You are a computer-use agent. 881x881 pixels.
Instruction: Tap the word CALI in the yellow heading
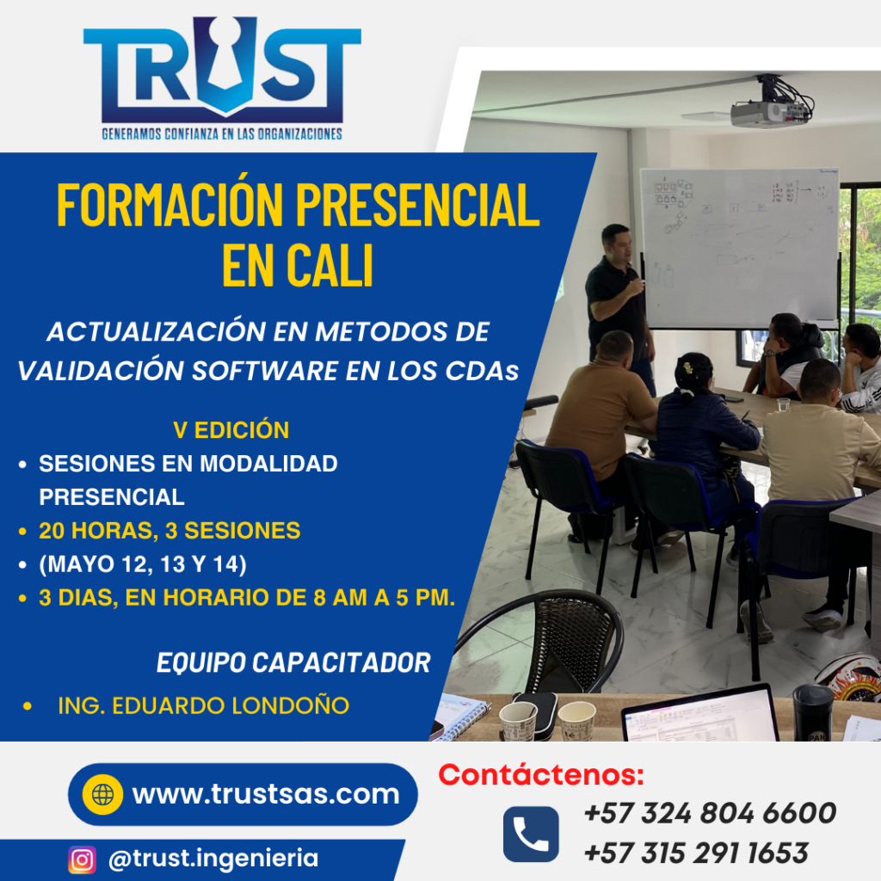click(x=330, y=266)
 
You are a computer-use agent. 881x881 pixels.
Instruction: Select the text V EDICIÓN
click(x=231, y=430)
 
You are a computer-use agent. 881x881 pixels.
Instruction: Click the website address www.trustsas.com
click(x=266, y=794)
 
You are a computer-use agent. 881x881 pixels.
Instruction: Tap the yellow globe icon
click(x=102, y=794)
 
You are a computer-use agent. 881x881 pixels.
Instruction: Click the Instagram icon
click(x=82, y=859)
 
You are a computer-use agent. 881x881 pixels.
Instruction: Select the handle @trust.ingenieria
click(x=213, y=859)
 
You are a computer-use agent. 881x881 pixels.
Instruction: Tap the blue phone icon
click(x=530, y=835)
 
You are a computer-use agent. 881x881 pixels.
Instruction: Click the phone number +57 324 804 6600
click(x=710, y=813)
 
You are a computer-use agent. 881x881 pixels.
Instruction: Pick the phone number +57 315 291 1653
click(x=696, y=853)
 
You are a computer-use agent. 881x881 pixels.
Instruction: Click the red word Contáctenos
click(x=541, y=775)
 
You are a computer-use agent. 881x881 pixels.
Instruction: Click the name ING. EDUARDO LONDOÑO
click(x=203, y=705)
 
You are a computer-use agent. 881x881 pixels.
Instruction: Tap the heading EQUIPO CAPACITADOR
click(x=293, y=663)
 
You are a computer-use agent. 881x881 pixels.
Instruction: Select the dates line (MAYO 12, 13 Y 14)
click(x=143, y=564)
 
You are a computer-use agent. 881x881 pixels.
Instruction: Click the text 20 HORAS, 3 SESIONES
click(x=169, y=531)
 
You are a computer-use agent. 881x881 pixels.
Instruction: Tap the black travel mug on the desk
click(x=812, y=713)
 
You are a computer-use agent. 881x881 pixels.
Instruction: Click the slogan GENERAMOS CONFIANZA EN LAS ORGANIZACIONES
click(x=222, y=134)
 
